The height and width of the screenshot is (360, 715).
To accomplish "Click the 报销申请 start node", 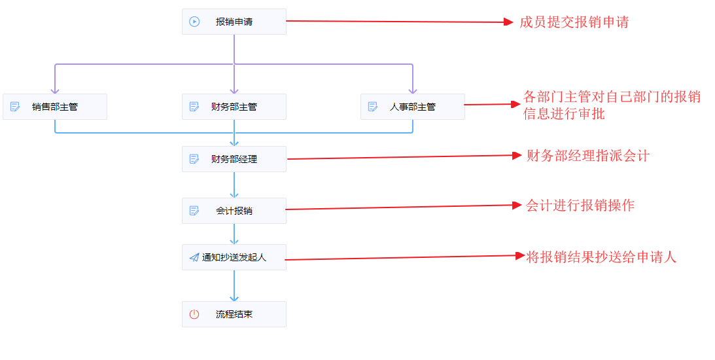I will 234,22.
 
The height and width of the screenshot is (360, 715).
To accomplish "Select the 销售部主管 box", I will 55,107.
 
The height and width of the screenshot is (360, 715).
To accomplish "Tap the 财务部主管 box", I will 234,107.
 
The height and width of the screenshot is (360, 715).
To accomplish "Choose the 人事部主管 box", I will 412,107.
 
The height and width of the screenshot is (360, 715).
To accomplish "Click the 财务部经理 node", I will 234,159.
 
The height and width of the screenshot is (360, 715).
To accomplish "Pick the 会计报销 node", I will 234,211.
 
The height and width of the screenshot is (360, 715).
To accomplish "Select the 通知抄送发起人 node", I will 234,257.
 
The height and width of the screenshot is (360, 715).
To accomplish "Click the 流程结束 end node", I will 234,314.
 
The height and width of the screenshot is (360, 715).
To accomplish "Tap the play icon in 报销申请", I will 194,22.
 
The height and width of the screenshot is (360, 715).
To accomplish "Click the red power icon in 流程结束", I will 194,314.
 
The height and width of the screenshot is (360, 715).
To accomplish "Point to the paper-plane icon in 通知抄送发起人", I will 194,257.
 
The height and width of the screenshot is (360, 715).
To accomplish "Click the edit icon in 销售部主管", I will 15,107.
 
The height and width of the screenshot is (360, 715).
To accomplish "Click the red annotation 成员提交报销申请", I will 574,22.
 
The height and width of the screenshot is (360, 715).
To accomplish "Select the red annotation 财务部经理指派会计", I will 587,156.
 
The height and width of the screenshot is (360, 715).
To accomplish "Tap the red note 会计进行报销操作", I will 580,205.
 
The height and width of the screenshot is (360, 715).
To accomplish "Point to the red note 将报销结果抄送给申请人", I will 601,257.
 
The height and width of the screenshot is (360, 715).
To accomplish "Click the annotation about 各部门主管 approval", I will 612,105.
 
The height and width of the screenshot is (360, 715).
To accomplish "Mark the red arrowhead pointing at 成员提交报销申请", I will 508,22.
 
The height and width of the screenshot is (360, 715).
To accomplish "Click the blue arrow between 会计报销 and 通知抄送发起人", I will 234,234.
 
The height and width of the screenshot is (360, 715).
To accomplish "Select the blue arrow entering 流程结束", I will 234,286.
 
